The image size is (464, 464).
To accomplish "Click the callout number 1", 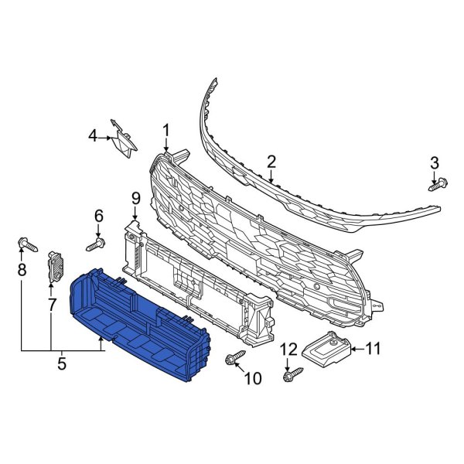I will (x=165, y=129).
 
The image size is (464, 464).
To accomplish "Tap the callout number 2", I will (x=271, y=162).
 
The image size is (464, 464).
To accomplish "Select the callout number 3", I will (x=434, y=162).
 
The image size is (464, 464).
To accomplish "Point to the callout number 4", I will (x=92, y=137).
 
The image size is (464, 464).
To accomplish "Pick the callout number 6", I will (x=98, y=215).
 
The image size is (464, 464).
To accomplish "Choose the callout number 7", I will (x=52, y=304).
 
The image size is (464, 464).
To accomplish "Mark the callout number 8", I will (x=21, y=269).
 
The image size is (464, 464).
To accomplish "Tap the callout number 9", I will (x=135, y=199).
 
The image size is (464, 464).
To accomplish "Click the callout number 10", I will (x=252, y=378).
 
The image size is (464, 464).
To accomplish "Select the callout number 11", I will (x=373, y=349).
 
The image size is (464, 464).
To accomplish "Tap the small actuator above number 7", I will (x=56, y=266).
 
